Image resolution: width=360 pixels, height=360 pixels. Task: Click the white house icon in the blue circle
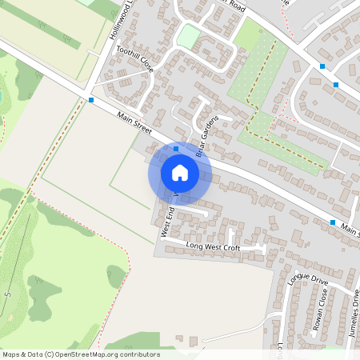pyautogui.click(x=180, y=173)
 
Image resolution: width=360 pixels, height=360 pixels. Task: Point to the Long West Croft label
pyautogui.click(x=213, y=248)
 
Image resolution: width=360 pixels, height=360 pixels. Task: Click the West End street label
pyautogui.click(x=167, y=223)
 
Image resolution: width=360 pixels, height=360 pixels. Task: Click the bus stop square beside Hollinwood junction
pyautogui.click(x=92, y=100)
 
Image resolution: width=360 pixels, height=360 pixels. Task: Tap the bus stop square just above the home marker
pyautogui.click(x=176, y=148)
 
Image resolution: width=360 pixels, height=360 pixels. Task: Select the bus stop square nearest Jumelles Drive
pyautogui.click(x=333, y=222)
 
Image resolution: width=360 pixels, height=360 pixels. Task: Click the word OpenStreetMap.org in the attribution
pyautogui.click(x=100, y=354)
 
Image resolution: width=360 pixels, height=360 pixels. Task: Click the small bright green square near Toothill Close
pyautogui.click(x=187, y=36)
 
